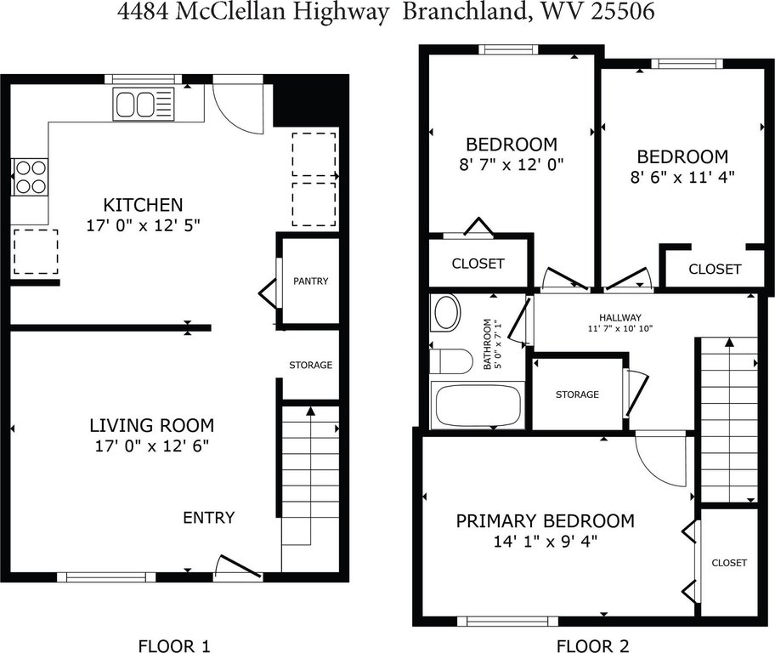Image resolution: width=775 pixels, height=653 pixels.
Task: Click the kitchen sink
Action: (144, 104)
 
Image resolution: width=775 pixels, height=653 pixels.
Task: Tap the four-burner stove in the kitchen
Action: (30, 177)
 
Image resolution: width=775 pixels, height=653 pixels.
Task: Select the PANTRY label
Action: (310, 281)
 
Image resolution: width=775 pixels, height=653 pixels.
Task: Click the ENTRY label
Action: (208, 518)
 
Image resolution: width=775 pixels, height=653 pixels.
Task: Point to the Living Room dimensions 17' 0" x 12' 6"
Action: (152, 446)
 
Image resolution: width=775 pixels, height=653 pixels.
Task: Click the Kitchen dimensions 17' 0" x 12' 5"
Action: (144, 225)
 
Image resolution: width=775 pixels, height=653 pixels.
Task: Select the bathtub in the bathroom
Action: (478, 406)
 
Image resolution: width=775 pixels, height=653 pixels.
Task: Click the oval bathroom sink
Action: (446, 313)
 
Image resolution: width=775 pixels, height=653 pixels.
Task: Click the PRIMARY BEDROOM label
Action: (546, 521)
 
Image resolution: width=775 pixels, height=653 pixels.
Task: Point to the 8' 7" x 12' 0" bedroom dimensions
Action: (512, 164)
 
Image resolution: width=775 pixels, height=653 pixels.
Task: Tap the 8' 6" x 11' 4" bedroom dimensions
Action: (682, 177)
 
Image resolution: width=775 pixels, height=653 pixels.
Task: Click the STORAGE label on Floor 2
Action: (577, 395)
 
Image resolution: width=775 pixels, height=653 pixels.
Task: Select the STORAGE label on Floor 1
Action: (310, 365)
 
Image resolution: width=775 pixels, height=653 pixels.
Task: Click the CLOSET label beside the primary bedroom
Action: (729, 563)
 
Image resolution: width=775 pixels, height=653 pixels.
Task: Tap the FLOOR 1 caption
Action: (174, 646)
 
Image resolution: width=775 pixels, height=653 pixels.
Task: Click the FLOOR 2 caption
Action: (592, 646)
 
